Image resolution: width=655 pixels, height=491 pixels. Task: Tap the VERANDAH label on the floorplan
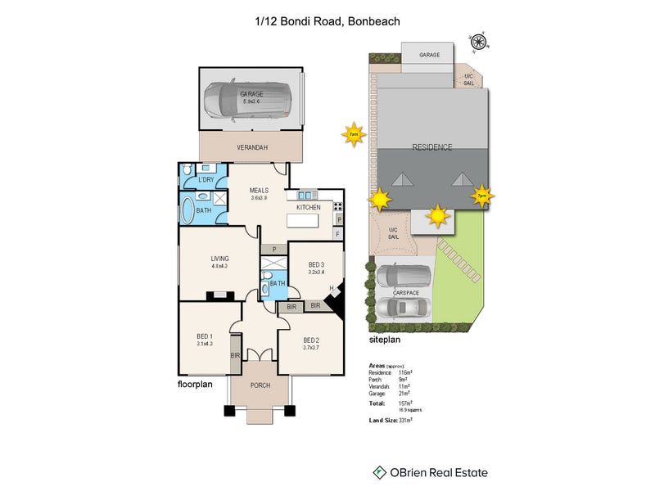tap(252, 147)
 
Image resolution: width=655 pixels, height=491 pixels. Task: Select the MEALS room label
tap(259, 191)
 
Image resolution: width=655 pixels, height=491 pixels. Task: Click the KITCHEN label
tap(308, 208)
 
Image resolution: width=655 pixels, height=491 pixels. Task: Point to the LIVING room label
tap(219, 259)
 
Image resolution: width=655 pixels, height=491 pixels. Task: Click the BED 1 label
tap(205, 336)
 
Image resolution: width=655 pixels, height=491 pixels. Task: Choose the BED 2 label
tap(311, 340)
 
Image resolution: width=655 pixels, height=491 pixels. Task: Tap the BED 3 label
tap(316, 264)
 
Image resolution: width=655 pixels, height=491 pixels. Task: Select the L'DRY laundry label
tap(206, 179)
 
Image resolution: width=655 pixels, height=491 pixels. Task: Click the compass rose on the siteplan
tap(478, 38)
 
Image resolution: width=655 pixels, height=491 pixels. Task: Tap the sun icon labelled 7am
tap(353, 134)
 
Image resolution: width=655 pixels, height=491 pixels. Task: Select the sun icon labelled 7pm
tap(481, 196)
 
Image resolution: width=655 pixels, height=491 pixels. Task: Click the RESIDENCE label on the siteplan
tap(431, 147)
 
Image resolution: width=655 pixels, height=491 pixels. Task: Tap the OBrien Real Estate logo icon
tap(380, 472)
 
